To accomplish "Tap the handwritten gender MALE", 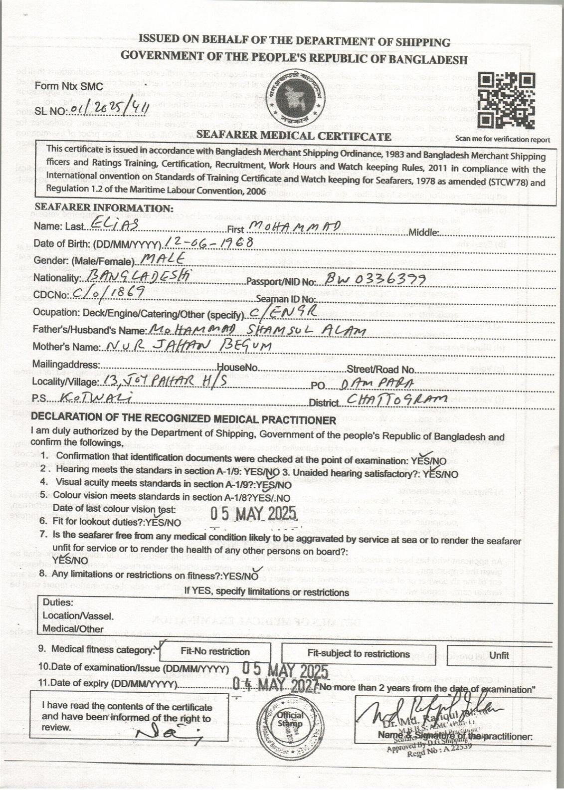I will tap(163, 258).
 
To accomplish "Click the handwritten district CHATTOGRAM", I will tap(389, 399).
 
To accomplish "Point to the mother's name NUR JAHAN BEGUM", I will tap(187, 346).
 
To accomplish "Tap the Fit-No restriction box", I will tap(215, 651).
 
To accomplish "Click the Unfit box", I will tap(499, 655).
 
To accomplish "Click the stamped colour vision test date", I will tap(253, 513).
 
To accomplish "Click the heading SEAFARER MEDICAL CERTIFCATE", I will tap(294, 136).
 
